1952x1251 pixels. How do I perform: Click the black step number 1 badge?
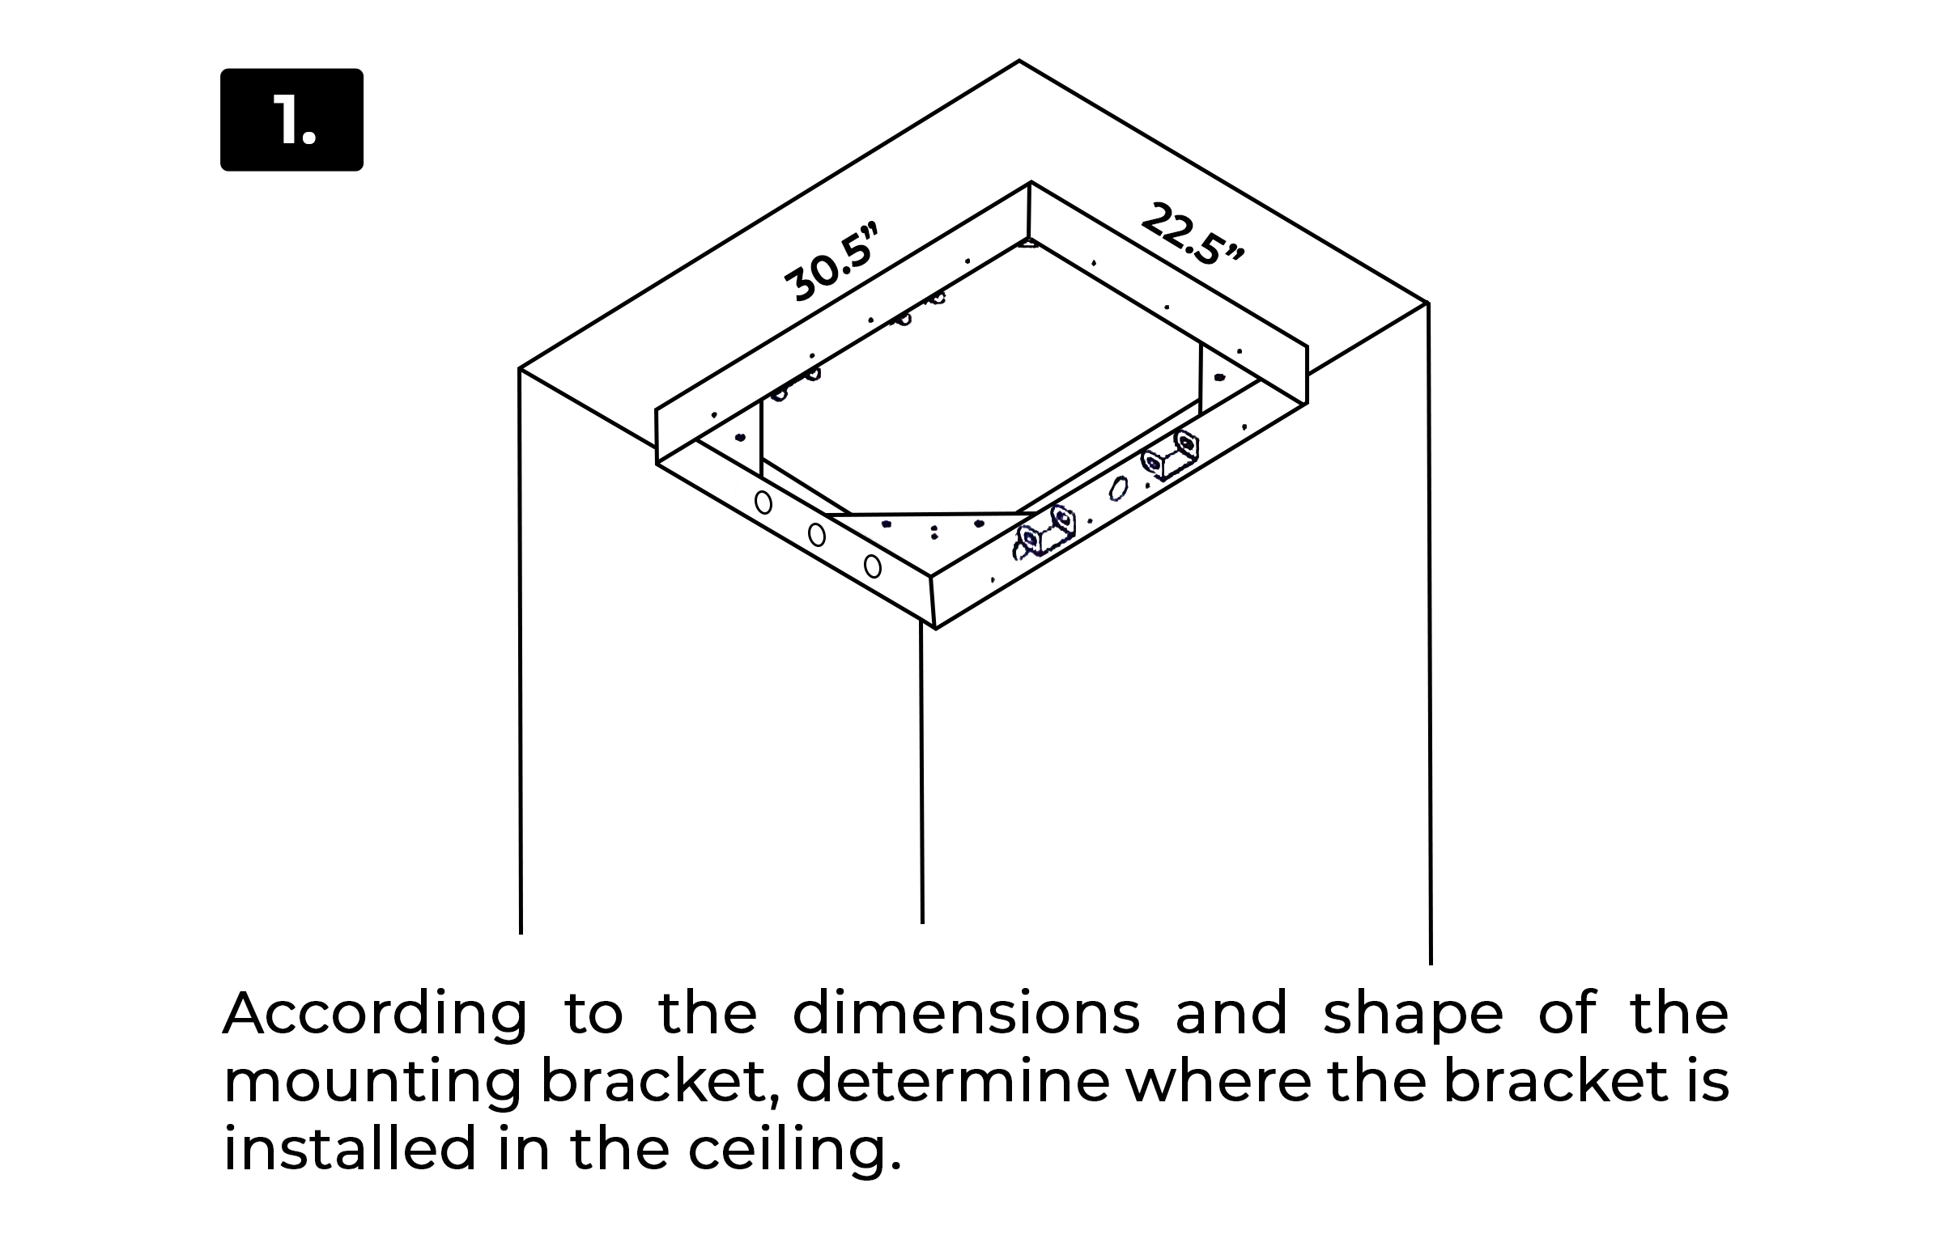[x=291, y=120]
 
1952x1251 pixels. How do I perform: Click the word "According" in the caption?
[x=375, y=1015]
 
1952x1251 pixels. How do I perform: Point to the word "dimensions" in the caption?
[x=966, y=1013]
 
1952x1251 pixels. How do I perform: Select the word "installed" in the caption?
[x=350, y=1149]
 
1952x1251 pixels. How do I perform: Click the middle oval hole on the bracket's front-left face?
[x=817, y=536]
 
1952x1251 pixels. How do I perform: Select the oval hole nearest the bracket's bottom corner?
[x=872, y=566]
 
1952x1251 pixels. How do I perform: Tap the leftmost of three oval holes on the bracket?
[x=763, y=503]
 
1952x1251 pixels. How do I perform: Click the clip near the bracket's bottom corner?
[x=1045, y=533]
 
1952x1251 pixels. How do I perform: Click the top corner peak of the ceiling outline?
[x=1019, y=60]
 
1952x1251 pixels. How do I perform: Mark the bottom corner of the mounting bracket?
[x=935, y=629]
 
